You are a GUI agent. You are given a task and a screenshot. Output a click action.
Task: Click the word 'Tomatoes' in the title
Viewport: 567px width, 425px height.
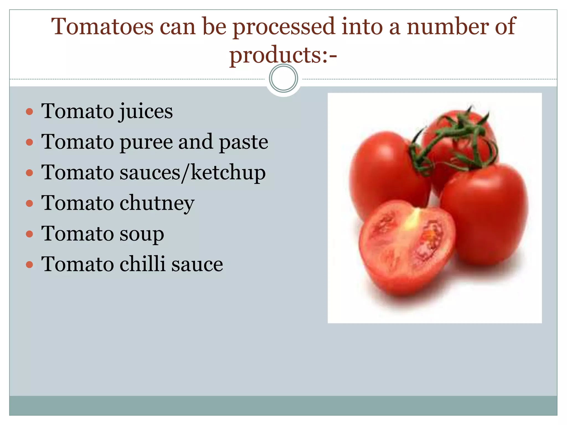coord(102,27)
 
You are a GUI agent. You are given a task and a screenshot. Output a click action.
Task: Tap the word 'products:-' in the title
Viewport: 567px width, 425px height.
coord(283,55)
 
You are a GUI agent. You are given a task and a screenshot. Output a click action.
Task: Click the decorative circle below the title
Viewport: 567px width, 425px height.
coord(283,78)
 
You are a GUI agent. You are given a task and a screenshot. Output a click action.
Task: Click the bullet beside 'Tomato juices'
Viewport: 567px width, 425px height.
coord(29,112)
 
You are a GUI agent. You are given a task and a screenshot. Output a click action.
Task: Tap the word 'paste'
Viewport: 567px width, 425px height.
coord(243,142)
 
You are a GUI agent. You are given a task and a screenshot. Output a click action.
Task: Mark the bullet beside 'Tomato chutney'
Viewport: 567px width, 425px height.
coord(29,204)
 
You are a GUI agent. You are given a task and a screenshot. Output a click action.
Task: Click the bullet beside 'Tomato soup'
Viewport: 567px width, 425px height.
coord(29,234)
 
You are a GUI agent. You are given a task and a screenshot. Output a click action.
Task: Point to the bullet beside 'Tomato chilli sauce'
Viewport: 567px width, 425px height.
coord(29,265)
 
